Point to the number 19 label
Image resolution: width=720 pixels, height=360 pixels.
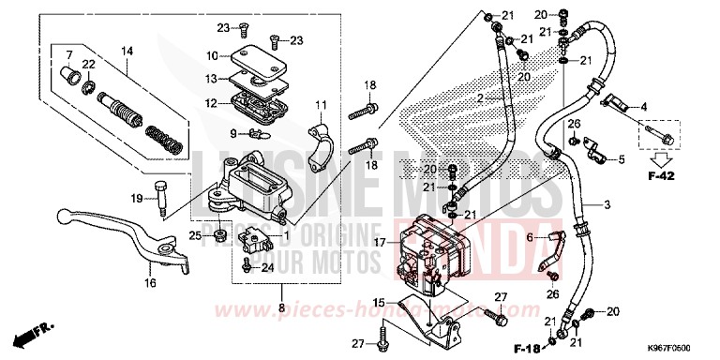pos(136,197)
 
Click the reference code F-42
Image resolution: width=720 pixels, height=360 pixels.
pos(661,173)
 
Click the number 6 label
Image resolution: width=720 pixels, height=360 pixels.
pos(528,238)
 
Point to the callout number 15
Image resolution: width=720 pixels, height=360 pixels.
pos(378,301)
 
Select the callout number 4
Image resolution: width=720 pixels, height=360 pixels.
pos(644,108)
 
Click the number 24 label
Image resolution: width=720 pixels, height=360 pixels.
pos(267,268)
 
